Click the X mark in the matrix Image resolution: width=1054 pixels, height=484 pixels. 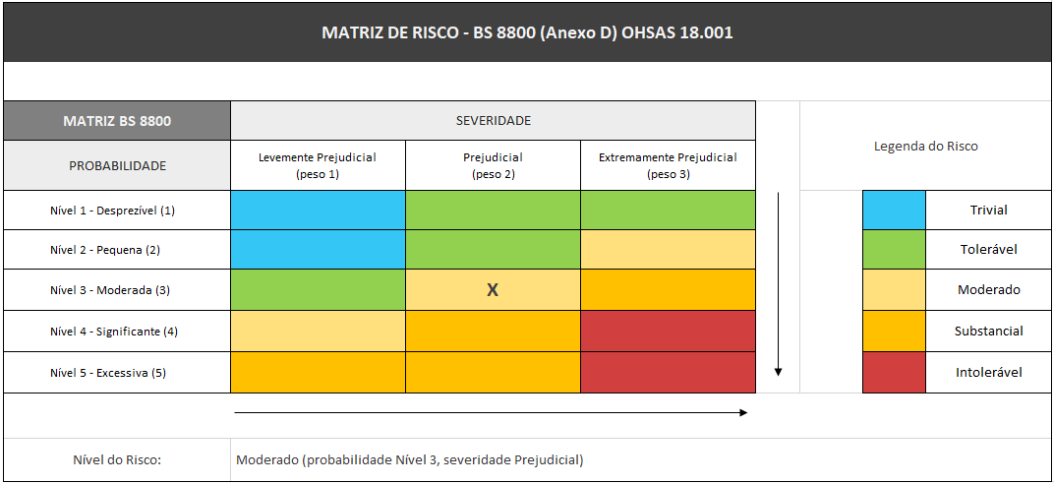point(494,290)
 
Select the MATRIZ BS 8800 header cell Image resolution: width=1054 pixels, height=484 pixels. point(117,121)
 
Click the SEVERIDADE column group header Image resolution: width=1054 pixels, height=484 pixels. point(493,121)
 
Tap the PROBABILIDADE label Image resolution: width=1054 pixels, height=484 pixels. point(117,165)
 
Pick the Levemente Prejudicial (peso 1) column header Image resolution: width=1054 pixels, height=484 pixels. point(318,165)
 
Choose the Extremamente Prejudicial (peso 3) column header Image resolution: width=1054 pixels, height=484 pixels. point(668,165)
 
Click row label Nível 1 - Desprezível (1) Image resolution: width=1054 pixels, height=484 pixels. point(113,211)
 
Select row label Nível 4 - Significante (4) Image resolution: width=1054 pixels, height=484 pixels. point(114,332)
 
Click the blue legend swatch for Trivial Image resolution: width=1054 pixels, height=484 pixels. point(894,211)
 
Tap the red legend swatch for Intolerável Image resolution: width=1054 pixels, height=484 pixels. point(894,373)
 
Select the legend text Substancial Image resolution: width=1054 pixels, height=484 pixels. point(988,332)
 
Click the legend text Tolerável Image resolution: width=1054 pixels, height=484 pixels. point(988,250)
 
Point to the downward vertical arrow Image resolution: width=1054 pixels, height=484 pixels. point(778,285)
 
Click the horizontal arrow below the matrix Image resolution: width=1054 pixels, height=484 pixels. point(491,413)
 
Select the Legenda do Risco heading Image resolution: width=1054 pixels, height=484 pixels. point(925,147)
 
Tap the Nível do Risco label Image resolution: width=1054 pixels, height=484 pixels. point(117,459)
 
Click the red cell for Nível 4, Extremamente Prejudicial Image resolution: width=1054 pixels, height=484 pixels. point(668,332)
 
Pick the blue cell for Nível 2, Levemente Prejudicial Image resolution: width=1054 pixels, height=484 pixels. point(318,250)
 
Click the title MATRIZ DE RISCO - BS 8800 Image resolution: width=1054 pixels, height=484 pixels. point(527,32)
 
